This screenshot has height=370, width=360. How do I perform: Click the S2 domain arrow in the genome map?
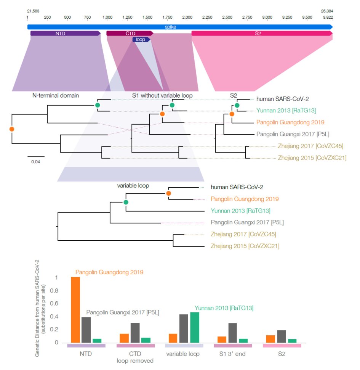[x=261, y=34]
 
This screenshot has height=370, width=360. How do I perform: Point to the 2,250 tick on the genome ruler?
[x=208, y=18]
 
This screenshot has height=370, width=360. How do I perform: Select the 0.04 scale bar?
[x=36, y=156]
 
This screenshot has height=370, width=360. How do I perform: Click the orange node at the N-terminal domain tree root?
[x=12, y=129]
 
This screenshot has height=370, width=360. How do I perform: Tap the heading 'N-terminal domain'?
[x=55, y=95]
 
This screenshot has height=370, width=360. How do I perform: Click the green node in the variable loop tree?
[x=126, y=202]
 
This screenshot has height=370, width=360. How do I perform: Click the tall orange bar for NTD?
[x=75, y=309]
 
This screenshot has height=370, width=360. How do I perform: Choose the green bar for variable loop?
[x=195, y=327]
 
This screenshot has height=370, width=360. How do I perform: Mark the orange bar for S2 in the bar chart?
[x=270, y=339]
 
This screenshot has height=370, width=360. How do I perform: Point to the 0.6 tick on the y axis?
[x=56, y=304]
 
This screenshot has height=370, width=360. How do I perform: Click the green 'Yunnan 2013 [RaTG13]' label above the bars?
[x=224, y=308]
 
